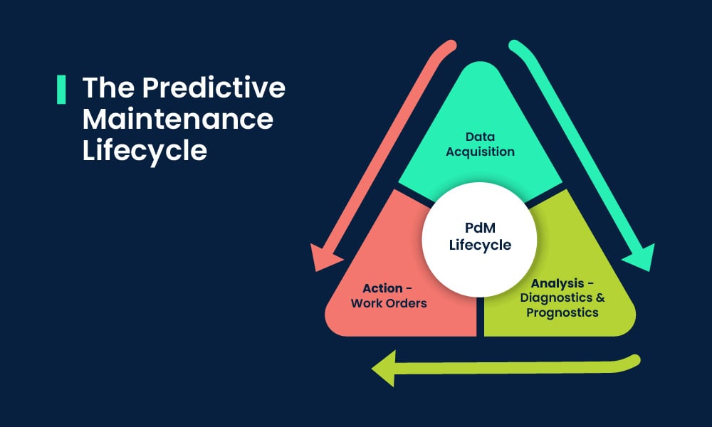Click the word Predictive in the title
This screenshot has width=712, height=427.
[x=214, y=89]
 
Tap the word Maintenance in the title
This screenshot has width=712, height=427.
[x=178, y=120]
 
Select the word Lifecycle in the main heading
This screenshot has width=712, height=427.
[x=145, y=150]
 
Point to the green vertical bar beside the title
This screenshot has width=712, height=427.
[x=61, y=89]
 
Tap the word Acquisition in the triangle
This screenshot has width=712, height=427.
[x=480, y=151]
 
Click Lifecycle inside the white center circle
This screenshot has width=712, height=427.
[x=481, y=246]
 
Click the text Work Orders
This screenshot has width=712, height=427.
[x=389, y=303]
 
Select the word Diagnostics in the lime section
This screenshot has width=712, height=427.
[x=556, y=297]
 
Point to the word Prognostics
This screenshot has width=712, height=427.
[x=562, y=312]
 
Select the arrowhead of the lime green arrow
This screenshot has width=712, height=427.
[x=384, y=368]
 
